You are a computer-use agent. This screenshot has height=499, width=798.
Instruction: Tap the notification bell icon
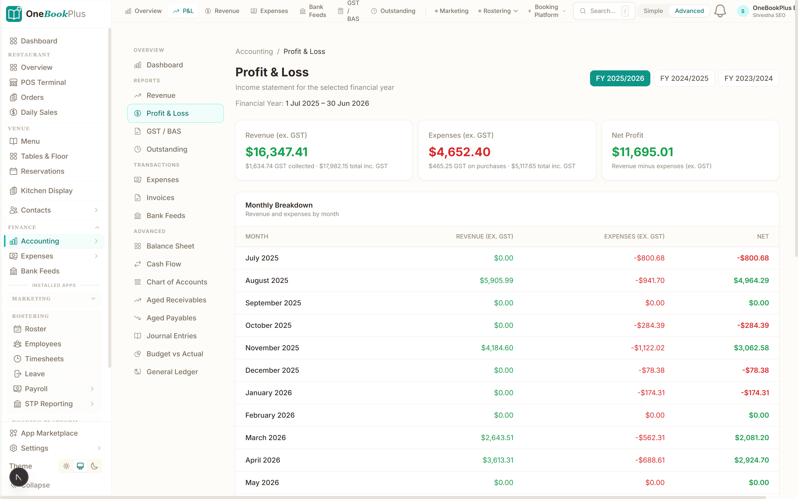(720, 11)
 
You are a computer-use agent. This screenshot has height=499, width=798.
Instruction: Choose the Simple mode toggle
(653, 11)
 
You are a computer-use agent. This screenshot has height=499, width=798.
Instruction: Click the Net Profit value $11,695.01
(642, 152)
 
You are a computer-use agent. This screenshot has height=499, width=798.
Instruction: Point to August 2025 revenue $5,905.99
(496, 280)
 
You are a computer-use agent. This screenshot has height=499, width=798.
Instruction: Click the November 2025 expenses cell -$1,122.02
(648, 348)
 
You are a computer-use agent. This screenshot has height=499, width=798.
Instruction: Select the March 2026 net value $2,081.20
(752, 438)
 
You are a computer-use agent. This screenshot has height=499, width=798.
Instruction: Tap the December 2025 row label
(272, 370)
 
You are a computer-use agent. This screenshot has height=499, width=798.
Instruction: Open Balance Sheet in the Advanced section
(170, 246)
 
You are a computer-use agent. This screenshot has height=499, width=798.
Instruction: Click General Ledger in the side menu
(172, 372)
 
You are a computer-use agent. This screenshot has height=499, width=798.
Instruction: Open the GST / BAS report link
(164, 131)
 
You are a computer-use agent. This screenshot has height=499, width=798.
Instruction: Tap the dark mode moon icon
(94, 466)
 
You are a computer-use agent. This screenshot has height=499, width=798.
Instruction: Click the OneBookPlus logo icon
(14, 14)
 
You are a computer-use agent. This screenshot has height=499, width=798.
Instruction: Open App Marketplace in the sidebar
(49, 433)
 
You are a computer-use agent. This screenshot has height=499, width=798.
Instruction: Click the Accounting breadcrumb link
(254, 51)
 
